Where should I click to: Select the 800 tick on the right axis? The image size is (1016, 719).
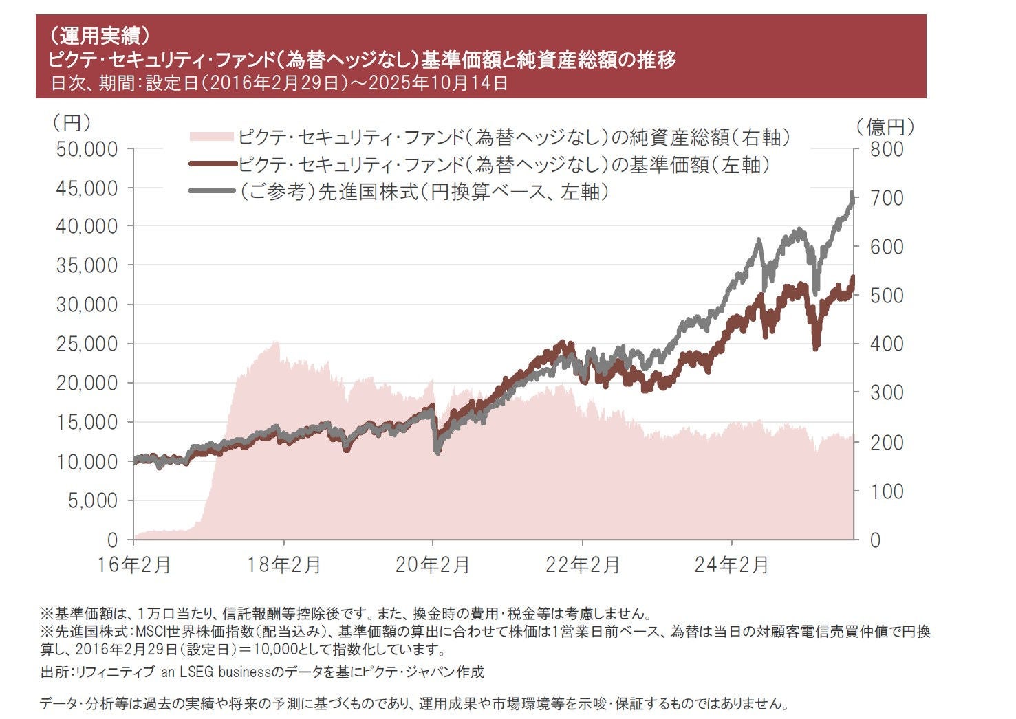coord(885,149)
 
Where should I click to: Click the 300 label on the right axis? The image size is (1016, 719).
coord(885,392)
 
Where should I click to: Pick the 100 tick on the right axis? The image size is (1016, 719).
coord(885,491)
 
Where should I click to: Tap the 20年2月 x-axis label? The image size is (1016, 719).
coord(433,565)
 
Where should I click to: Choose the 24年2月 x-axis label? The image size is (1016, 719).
coord(731,565)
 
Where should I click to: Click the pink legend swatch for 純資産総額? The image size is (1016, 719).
coord(211,137)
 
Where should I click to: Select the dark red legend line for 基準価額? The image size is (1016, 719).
coord(211,164)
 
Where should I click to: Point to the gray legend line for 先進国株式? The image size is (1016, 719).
coord(211,191)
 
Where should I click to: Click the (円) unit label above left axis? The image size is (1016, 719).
coord(72,124)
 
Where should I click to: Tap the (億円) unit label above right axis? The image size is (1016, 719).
coord(885,126)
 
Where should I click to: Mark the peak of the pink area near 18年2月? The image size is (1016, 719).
coord(276,342)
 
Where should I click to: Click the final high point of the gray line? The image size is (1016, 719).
coord(852,193)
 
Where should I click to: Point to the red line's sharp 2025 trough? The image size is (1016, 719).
coord(816,348)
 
